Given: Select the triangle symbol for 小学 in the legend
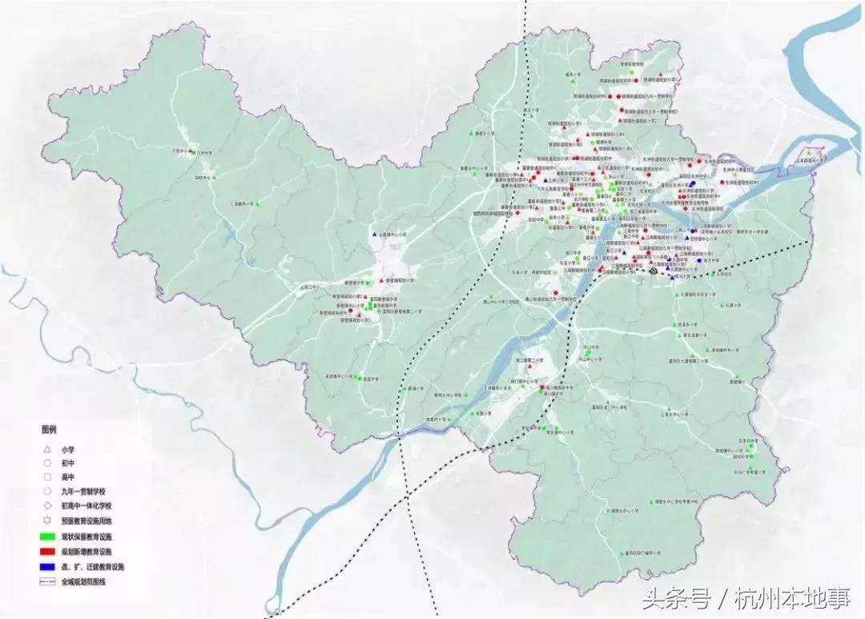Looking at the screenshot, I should pos(48,448).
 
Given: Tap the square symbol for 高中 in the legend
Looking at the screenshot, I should pos(48,476).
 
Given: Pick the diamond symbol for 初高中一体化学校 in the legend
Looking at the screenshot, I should pos(48,505).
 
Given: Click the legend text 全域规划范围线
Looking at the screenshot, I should pos(83,581).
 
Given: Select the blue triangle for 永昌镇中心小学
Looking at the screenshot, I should pos(373,235).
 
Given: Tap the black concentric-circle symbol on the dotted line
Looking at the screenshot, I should pos(654,272).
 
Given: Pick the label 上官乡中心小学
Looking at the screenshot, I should pos(674,415).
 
